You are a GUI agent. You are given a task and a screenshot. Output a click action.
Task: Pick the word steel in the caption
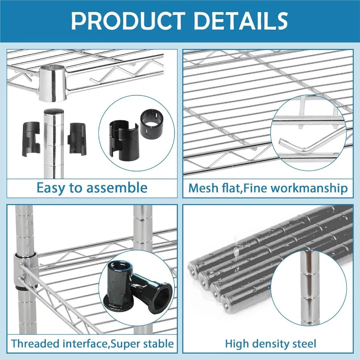(306, 343)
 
